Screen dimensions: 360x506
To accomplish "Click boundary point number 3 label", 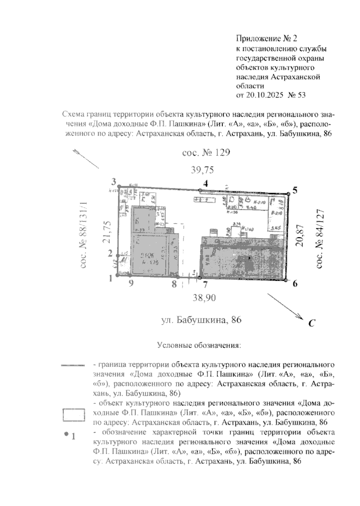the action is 114,181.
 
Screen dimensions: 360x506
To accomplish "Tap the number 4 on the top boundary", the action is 205,184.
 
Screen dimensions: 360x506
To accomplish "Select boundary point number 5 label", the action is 295,190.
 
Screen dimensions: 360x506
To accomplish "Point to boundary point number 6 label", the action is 295,283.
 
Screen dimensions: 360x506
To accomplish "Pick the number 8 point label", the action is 174,284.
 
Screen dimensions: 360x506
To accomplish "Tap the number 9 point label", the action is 130,283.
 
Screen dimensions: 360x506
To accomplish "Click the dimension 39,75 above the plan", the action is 202,170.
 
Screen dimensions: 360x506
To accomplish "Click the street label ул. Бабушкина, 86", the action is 201,320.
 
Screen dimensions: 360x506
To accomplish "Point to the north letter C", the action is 311,323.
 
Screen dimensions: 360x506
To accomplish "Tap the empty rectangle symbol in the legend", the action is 74,415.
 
